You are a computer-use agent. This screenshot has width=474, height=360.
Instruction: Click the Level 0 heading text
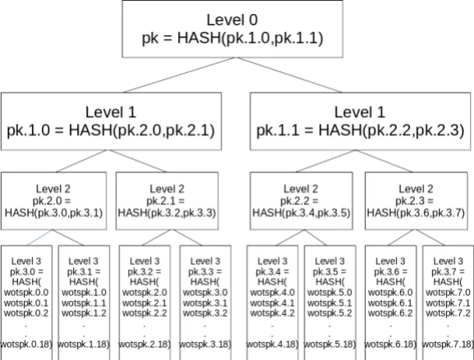tap(232, 20)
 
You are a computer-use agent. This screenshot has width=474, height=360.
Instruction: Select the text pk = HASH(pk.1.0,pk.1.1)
tap(232, 39)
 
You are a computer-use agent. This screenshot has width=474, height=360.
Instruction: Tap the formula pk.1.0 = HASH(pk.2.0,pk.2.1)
tap(111, 130)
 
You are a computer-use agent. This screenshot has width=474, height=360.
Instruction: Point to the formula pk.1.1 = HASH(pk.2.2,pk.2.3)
tap(360, 130)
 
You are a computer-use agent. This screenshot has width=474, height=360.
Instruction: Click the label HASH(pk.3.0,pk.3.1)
tap(53, 212)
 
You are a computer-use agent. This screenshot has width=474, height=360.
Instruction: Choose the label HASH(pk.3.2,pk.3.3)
tap(166, 212)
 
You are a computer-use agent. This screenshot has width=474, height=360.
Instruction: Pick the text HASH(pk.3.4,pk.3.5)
tap(301, 212)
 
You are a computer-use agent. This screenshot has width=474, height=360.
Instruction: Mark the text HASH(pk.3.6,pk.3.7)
tap(416, 212)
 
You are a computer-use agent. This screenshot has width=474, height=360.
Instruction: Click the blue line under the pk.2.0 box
tap(39, 238)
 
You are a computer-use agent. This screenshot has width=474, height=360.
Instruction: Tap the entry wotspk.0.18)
tap(26, 344)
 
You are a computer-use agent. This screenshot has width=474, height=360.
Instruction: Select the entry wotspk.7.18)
tap(448, 344)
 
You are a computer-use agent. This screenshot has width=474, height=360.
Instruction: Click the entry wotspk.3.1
tap(205, 303)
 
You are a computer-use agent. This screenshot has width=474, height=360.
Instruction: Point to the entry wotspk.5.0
tap(330, 293)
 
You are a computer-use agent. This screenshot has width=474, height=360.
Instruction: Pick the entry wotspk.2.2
tap(144, 313)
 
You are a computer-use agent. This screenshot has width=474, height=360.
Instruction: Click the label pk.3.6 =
tap(390, 271)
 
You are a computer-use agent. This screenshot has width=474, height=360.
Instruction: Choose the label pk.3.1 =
tap(84, 271)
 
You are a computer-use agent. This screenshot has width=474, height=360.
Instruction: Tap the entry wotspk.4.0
tap(272, 293)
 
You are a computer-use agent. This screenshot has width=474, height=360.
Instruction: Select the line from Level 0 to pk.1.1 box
tap(289, 75)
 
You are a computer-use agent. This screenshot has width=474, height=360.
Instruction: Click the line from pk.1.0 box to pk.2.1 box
tap(138, 161)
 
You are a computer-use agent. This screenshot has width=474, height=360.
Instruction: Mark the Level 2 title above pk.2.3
tap(416, 189)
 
